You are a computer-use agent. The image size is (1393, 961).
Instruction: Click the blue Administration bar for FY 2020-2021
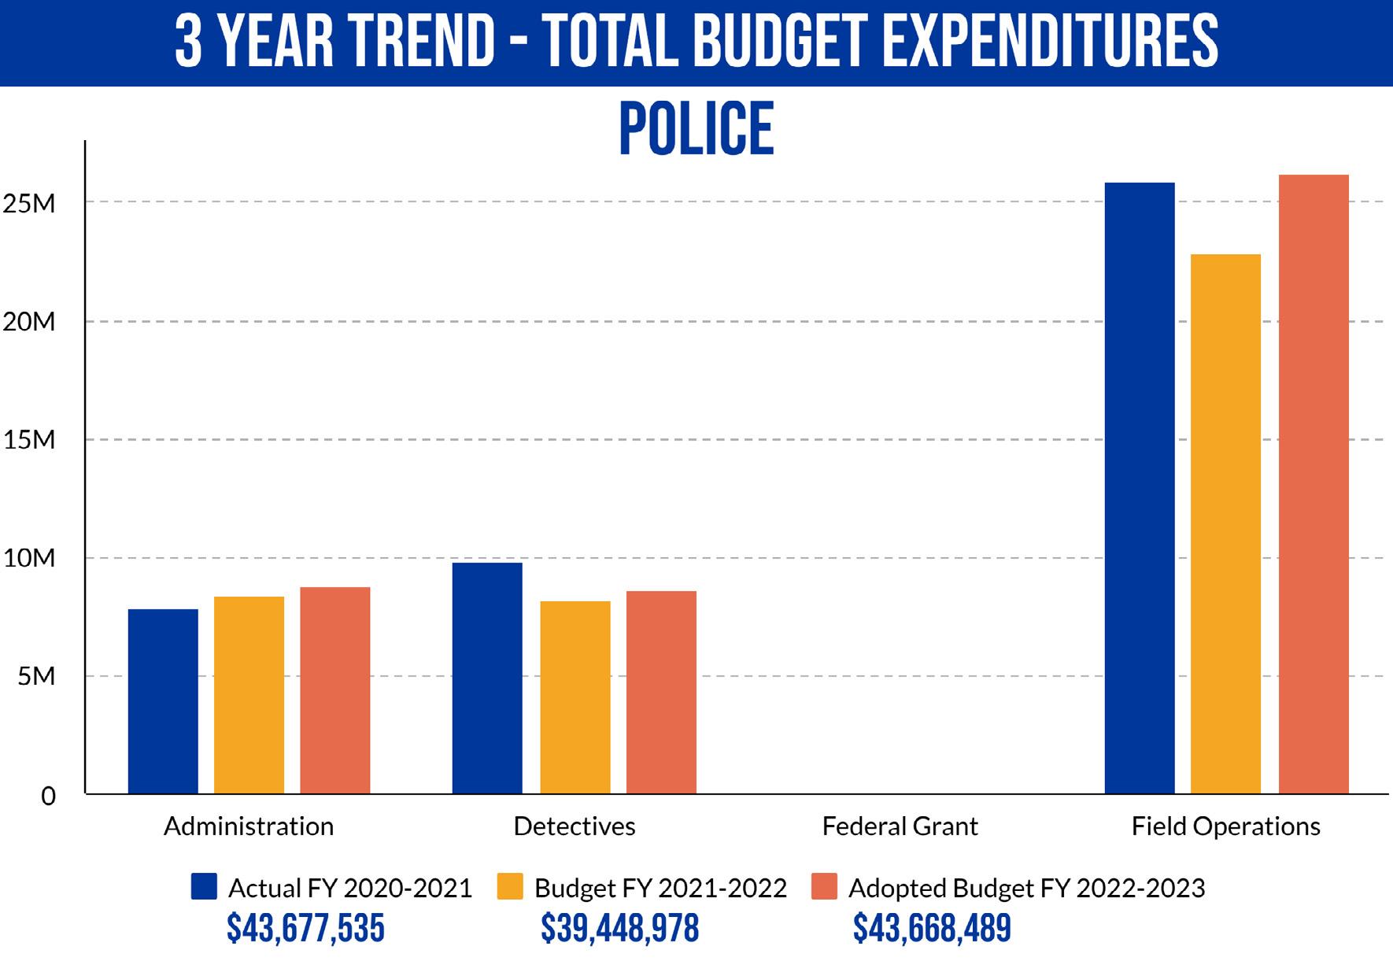tap(163, 701)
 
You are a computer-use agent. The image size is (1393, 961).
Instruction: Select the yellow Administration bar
tap(249, 695)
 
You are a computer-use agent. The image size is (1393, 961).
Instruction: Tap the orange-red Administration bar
tap(334, 690)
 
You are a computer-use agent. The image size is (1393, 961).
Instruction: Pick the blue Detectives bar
tap(487, 678)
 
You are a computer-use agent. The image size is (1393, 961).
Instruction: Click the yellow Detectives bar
tap(575, 697)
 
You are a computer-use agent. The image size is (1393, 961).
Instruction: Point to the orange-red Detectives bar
tap(661, 692)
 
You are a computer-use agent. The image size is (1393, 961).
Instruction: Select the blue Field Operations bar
tap(1139, 488)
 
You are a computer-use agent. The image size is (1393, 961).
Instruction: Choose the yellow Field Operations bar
tap(1225, 523)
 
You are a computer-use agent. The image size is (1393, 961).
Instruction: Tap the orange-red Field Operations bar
tap(1313, 484)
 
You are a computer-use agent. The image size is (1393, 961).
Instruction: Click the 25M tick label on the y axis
tap(29, 204)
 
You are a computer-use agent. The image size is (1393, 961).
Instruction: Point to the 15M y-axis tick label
tap(29, 440)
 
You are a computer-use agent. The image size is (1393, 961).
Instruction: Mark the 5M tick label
tap(36, 676)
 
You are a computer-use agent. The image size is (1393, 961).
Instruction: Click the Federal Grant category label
tap(900, 826)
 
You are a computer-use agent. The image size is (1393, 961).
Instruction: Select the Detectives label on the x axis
tap(575, 826)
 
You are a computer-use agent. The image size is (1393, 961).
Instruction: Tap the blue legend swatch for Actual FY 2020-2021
tap(204, 886)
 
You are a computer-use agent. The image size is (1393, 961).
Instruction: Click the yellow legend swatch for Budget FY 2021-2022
tap(510, 886)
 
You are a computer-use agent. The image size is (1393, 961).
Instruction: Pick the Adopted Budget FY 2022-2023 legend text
tap(1026, 888)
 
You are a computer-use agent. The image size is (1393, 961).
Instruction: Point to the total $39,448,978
tap(619, 929)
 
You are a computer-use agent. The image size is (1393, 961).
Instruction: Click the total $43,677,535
tap(305, 929)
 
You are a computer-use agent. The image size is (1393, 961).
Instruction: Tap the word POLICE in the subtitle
tap(696, 129)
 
